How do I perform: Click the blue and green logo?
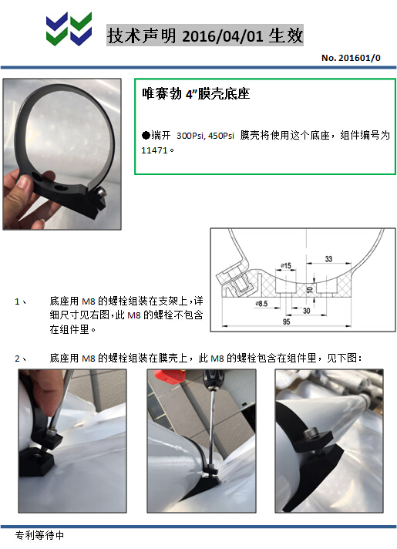point(69,29)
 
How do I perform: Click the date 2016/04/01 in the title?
point(222,35)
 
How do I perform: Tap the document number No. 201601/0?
point(351,58)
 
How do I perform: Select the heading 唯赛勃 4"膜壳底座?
point(196,93)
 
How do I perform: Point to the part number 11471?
point(154,150)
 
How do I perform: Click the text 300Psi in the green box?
point(191,136)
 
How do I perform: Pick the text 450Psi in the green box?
point(221,136)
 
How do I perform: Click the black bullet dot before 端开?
point(146,135)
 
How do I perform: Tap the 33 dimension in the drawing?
point(328,259)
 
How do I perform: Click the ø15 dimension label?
point(286,266)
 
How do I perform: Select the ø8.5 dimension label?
point(261,304)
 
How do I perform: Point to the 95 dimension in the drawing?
point(286,322)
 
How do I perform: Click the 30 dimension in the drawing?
point(306,311)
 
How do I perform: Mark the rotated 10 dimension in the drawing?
point(309,290)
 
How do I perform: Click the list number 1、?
point(21,301)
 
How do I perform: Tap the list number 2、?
point(21,359)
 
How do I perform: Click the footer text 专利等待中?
point(39,535)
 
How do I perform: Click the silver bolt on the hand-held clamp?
point(101,192)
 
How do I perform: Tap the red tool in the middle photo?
point(169,376)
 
